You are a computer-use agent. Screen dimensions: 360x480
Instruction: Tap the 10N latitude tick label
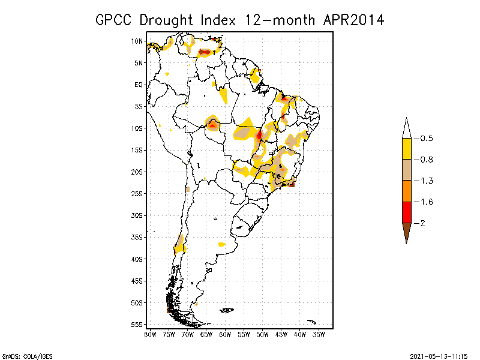[137, 41]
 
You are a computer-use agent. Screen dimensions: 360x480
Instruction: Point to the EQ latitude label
[139, 85]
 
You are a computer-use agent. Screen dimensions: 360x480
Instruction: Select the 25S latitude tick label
[137, 194]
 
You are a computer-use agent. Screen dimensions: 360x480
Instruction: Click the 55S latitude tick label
[137, 325]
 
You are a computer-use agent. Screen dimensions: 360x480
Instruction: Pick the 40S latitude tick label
[137, 259]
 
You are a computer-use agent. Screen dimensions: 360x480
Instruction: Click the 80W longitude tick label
[150, 334]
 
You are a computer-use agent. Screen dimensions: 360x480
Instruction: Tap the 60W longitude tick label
[225, 334]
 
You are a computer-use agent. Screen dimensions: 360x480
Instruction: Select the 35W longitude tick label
[319, 334]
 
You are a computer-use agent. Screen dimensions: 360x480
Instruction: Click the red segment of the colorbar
[407, 212]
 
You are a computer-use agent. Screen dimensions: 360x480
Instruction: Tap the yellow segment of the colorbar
[407, 149]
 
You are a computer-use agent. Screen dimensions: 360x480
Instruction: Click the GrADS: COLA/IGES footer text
[27, 356]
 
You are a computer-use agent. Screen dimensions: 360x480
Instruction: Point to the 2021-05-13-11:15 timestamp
[440, 356]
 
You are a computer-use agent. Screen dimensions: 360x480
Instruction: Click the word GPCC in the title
[115, 20]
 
